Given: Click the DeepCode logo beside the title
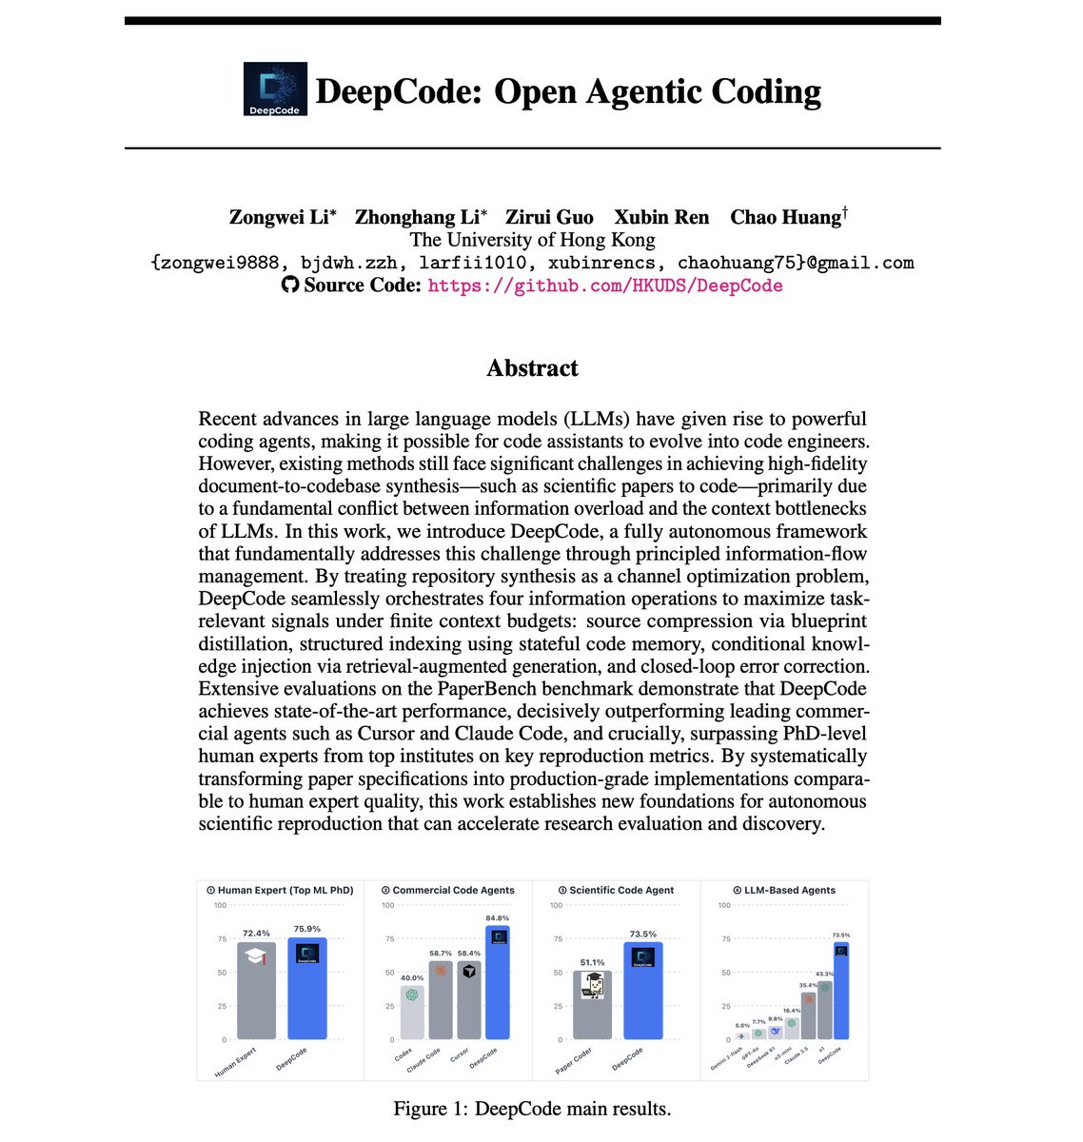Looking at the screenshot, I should click(x=275, y=89).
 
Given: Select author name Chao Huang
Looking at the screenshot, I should click(x=786, y=217).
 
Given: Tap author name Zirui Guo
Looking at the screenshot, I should click(x=549, y=217).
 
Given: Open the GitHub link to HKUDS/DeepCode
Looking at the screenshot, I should click(x=605, y=285).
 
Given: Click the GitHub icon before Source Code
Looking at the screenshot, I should click(x=290, y=285).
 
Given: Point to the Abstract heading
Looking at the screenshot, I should click(x=532, y=368).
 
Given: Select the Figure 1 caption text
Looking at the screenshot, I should click(x=532, y=1109).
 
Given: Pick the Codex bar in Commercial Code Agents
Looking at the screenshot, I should click(x=411, y=1014).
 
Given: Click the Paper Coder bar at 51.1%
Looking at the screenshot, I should click(x=593, y=1009).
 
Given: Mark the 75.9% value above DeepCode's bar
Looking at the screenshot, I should click(x=306, y=929).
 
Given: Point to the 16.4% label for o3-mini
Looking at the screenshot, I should click(x=792, y=1011).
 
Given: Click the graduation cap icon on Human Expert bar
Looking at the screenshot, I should click(x=255, y=957).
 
